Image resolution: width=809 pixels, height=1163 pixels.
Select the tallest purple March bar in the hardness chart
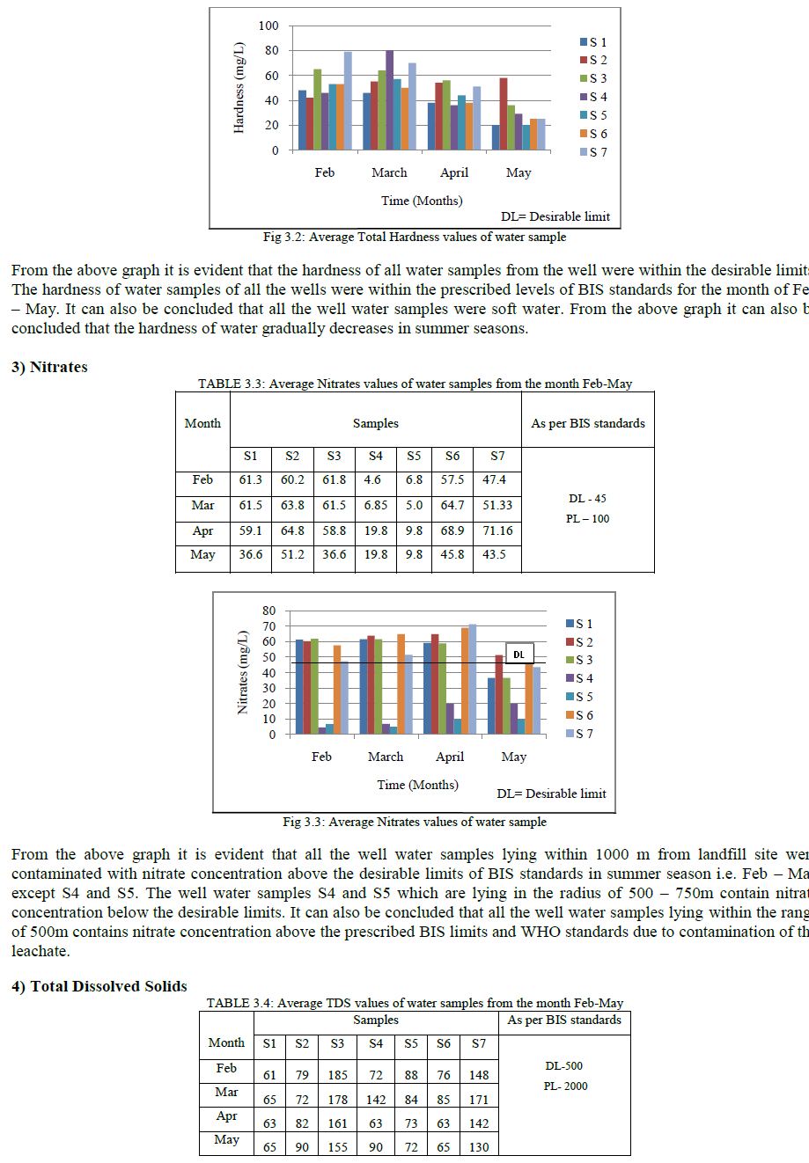pos(389,100)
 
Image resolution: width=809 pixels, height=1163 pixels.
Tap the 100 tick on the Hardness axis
pos(268,26)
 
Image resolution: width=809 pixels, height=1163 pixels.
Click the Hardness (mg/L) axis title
pos(239,88)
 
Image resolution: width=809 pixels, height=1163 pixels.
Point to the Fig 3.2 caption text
pos(415,237)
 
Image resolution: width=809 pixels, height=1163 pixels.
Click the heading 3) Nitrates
pos(49,368)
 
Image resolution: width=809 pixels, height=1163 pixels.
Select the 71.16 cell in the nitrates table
pos(498,530)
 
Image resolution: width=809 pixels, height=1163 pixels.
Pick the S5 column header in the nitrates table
pos(414,456)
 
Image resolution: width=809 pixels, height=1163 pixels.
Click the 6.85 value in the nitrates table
pos(376,506)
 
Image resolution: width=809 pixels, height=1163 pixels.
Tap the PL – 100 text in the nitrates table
pos(587,518)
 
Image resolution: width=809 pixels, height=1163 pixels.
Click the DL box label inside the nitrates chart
pos(518,655)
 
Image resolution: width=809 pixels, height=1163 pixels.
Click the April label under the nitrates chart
pos(450,757)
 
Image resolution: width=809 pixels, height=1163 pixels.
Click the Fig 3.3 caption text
pos(415,822)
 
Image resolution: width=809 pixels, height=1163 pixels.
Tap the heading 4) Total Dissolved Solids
pos(99,986)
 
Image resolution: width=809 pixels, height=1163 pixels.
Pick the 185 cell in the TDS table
pos(337,1074)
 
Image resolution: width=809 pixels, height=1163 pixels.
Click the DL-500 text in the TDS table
pos(563,1066)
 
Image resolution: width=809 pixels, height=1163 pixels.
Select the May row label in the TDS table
pos(226,1139)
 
